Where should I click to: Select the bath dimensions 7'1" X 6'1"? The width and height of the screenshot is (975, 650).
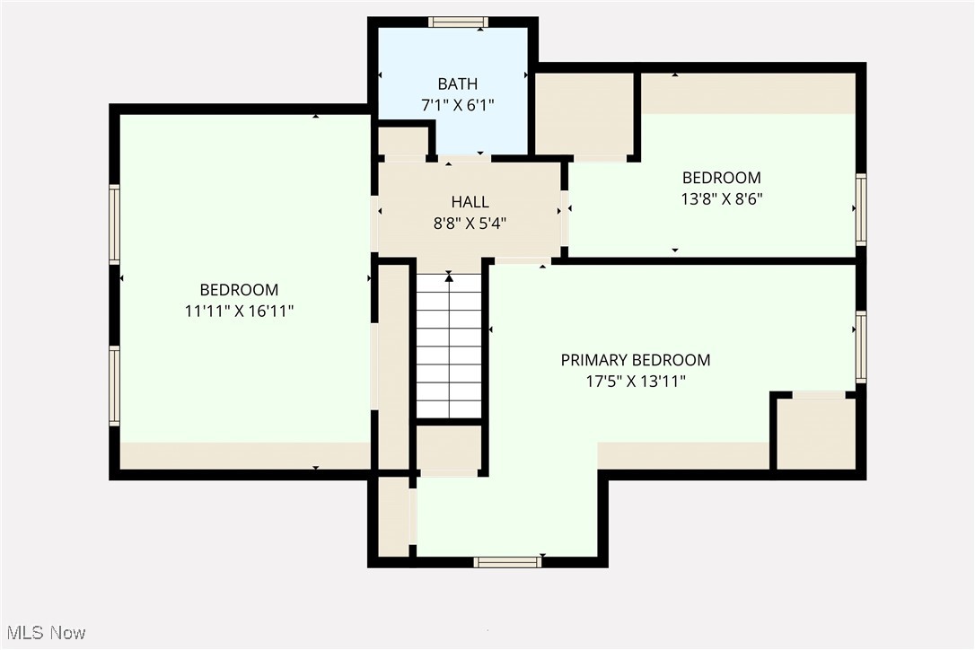click(x=457, y=104)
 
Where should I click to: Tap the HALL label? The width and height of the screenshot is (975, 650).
click(x=470, y=202)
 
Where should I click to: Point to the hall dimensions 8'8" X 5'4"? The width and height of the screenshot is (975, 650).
click(x=470, y=224)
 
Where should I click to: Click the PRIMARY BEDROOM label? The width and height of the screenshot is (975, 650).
click(x=635, y=360)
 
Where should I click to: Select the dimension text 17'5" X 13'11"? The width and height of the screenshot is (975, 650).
click(x=635, y=382)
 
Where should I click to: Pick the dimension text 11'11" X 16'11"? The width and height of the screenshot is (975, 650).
click(x=239, y=311)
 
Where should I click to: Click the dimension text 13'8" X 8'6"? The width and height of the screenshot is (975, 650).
click(x=721, y=198)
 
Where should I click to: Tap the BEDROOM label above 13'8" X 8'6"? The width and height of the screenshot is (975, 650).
click(x=721, y=178)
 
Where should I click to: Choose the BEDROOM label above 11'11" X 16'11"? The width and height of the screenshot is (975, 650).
click(x=239, y=290)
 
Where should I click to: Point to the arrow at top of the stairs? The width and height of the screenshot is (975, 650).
click(x=449, y=279)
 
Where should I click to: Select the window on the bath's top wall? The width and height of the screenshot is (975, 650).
click(x=458, y=22)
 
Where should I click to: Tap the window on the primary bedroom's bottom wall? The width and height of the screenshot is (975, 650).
click(x=507, y=562)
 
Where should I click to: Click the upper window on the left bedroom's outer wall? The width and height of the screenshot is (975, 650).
click(x=114, y=224)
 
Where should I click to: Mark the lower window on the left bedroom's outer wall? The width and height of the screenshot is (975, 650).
click(x=114, y=385)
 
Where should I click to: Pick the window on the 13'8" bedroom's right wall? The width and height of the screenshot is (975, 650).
click(x=861, y=210)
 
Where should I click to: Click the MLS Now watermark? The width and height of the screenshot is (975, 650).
click(x=43, y=633)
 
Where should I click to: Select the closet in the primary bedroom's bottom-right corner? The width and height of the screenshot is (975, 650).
click(x=815, y=433)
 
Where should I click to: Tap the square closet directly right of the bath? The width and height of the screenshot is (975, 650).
click(x=584, y=114)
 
